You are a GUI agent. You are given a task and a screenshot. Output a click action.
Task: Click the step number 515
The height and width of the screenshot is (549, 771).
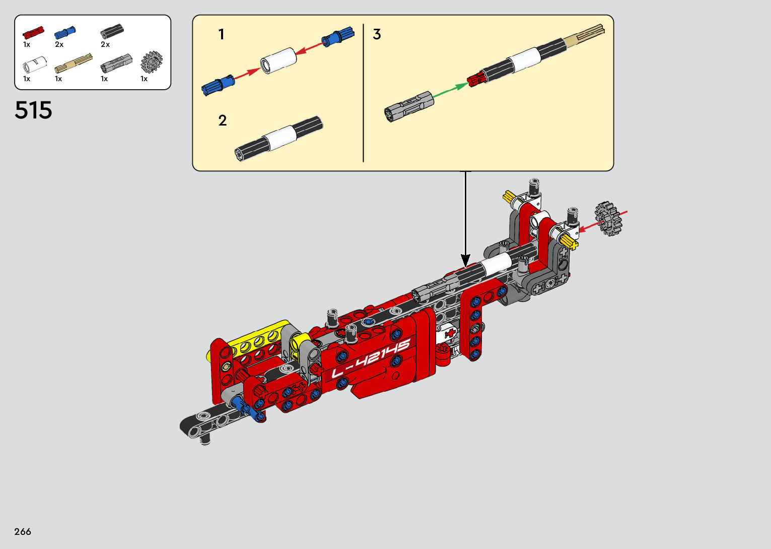click(x=33, y=110)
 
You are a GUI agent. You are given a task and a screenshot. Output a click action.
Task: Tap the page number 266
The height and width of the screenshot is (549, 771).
click(x=23, y=531)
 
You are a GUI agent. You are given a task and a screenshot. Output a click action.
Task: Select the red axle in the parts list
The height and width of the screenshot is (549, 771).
click(x=33, y=32)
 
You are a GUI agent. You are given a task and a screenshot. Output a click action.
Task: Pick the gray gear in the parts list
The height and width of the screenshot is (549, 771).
click(x=152, y=62)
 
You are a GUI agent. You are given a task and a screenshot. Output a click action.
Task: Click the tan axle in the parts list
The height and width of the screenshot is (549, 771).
click(x=74, y=63)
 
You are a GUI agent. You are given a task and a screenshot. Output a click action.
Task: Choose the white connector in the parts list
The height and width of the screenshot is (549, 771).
click(x=34, y=65)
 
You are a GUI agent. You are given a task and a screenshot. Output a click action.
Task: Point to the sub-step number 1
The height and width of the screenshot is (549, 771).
click(x=221, y=34)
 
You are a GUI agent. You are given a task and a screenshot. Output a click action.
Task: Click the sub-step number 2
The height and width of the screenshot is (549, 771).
click(x=223, y=120)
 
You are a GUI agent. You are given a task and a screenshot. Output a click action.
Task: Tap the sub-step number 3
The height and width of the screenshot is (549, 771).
click(x=377, y=34)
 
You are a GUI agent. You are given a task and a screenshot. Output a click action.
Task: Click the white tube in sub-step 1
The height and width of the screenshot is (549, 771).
click(x=278, y=60)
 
